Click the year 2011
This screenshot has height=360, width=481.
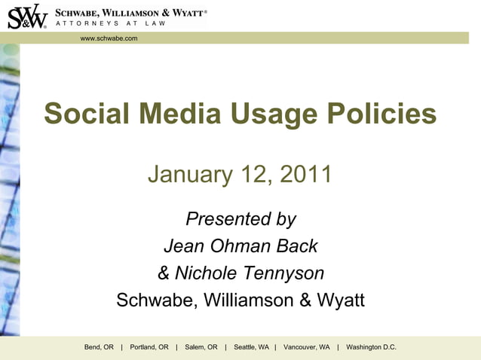[306, 174]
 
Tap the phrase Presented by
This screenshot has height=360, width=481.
[240, 219]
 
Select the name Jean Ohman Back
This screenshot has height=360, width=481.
[240, 246]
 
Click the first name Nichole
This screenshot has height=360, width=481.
[207, 273]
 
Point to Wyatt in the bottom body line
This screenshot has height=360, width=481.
[342, 301]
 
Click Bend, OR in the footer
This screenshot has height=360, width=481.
[99, 347]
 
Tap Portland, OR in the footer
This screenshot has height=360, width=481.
[149, 347]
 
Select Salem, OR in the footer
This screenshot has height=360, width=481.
[201, 347]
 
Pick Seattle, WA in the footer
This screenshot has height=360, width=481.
[251, 347]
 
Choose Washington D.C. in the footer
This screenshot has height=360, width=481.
[371, 347]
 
